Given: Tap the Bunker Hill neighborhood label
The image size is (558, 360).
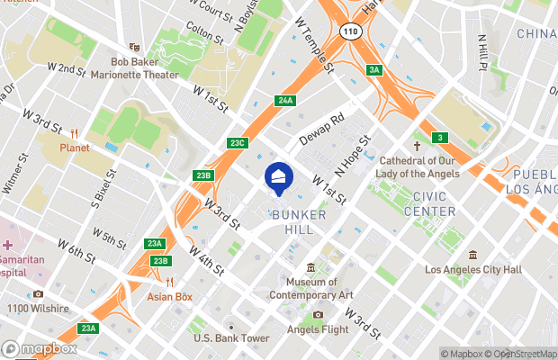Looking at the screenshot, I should click(x=292, y=222).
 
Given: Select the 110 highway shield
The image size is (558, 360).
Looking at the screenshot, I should click(x=350, y=31).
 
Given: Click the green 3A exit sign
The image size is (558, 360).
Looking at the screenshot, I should click(x=374, y=70).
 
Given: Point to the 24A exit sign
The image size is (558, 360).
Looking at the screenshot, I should click(x=286, y=100).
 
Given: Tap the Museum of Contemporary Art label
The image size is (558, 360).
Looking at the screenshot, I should click(x=312, y=288).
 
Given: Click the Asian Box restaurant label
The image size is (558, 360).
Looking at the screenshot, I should click(x=172, y=296).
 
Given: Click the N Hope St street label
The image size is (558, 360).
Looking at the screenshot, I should click(x=354, y=154).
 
